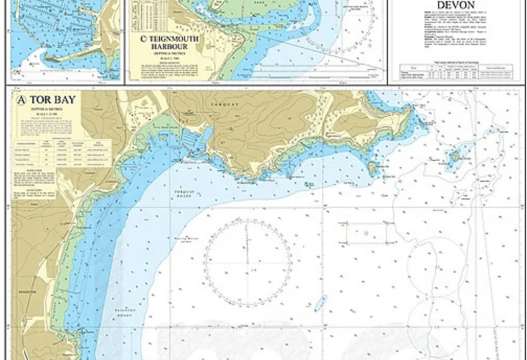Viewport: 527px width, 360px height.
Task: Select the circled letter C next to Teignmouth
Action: coord(143,40)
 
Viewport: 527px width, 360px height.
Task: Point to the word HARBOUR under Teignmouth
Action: coord(167,49)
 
